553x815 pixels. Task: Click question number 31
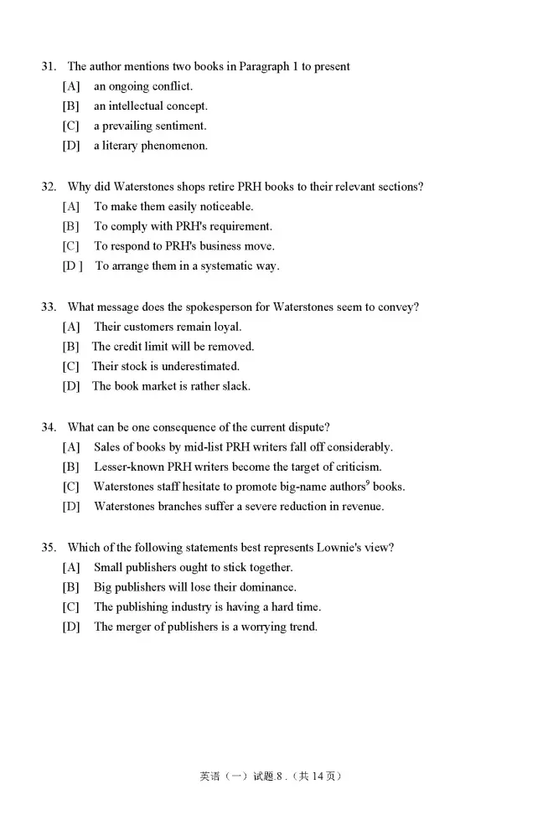(x=49, y=66)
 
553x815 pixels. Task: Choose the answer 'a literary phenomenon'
(x=150, y=146)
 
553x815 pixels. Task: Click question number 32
(x=49, y=187)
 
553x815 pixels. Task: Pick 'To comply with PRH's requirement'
(x=183, y=226)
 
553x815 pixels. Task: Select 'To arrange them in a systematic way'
(x=187, y=266)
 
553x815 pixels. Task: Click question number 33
(x=49, y=307)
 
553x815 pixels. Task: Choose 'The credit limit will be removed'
(x=173, y=347)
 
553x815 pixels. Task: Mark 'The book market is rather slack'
(x=171, y=386)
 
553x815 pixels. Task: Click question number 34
(x=49, y=427)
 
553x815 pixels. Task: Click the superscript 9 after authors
(x=367, y=482)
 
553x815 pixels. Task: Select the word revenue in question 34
(x=362, y=507)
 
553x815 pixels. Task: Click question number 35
(x=49, y=548)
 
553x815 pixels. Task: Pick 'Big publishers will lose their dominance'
(x=194, y=587)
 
